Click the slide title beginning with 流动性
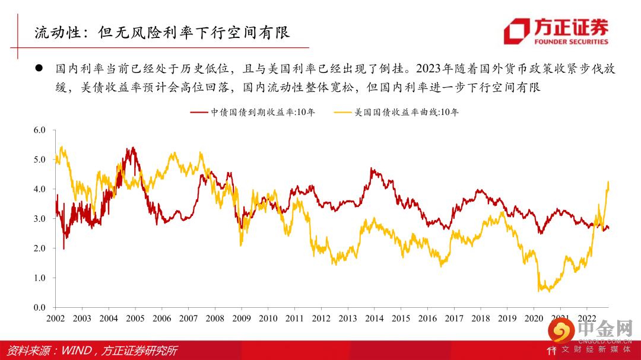coord(161,32)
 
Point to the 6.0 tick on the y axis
coord(39,130)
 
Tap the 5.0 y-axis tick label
coord(39,160)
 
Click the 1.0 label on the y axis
coord(39,278)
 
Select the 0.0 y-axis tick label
coord(39,308)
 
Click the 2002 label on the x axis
coord(55,318)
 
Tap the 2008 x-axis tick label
coord(215,318)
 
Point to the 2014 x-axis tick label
coord(374,318)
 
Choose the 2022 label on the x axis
coord(586,318)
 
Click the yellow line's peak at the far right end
coord(608,182)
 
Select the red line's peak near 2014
coord(372,169)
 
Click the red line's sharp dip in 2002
coord(64,249)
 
